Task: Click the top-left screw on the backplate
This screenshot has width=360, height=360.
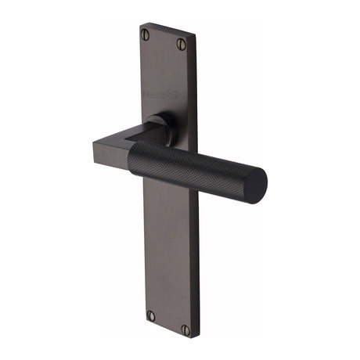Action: pos(145,34)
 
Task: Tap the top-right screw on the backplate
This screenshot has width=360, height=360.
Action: pos(182,44)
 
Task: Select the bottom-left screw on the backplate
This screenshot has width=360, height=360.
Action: pos(150,315)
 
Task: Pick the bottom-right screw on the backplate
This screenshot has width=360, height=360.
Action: pos(186,329)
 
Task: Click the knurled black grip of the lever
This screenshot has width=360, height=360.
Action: pos(196,168)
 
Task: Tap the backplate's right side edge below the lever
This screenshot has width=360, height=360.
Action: pos(196,258)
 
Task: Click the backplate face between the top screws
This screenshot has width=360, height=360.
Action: pos(164,40)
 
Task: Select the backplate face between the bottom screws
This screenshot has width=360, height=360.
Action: pos(168,322)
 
